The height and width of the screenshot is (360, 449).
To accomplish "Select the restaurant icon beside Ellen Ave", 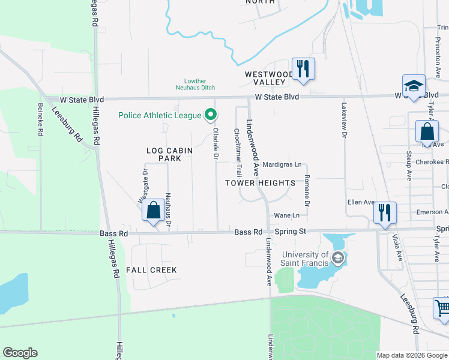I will pos(384,212).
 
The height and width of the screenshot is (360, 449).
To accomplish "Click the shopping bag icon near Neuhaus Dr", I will pos(153,211).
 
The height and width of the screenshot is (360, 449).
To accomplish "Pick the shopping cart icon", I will pos(442,308).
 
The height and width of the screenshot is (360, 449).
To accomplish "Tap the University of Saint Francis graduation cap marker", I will pos(339,259).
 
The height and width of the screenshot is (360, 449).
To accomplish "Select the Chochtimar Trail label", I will pos(238,150).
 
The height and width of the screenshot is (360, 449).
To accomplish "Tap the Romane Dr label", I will pos(307,191).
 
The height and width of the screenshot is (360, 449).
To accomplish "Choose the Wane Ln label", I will pos(286,215).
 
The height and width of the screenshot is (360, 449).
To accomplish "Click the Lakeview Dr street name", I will pos(345,120).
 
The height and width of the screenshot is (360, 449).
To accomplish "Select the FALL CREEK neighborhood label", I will pos(151,270).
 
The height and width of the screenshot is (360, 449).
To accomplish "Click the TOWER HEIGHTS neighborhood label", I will pos(261,182).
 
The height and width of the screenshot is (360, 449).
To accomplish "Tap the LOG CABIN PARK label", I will pos(164,154).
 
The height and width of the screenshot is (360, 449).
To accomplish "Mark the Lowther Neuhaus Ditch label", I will pos(199,84).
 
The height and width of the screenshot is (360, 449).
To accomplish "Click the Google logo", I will pos(20,353).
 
